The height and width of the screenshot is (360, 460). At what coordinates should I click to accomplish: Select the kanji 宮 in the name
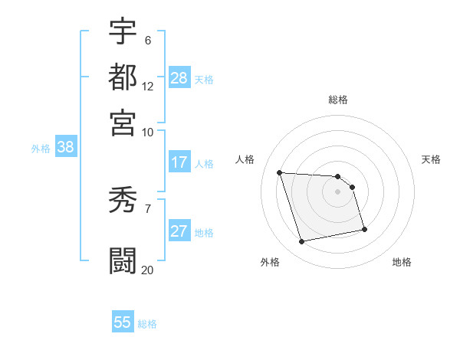click(123, 123)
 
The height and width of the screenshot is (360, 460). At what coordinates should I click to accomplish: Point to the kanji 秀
click(123, 201)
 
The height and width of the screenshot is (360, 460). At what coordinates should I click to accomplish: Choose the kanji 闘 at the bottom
click(123, 261)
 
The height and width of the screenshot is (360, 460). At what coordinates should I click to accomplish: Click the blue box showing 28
click(179, 78)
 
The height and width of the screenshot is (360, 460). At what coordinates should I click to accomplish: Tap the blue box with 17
click(179, 162)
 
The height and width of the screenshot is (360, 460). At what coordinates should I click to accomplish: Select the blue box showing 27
click(179, 232)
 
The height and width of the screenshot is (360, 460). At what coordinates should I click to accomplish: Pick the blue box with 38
click(65, 148)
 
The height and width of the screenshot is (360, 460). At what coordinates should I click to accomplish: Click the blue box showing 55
click(123, 322)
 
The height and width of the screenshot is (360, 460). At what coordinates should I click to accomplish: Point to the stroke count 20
click(147, 270)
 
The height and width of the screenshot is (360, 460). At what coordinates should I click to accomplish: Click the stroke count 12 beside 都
click(148, 86)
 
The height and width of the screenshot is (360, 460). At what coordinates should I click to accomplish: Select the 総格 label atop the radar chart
click(338, 100)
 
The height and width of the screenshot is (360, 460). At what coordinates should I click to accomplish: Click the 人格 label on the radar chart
click(245, 159)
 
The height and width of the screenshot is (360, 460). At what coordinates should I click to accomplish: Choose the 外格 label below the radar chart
click(270, 263)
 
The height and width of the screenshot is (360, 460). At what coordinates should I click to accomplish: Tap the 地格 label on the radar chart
click(402, 263)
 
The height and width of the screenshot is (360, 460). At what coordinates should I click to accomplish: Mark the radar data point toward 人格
click(280, 172)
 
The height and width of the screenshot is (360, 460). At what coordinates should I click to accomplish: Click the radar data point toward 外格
click(302, 242)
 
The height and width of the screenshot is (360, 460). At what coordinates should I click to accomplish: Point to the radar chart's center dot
click(338, 191)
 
